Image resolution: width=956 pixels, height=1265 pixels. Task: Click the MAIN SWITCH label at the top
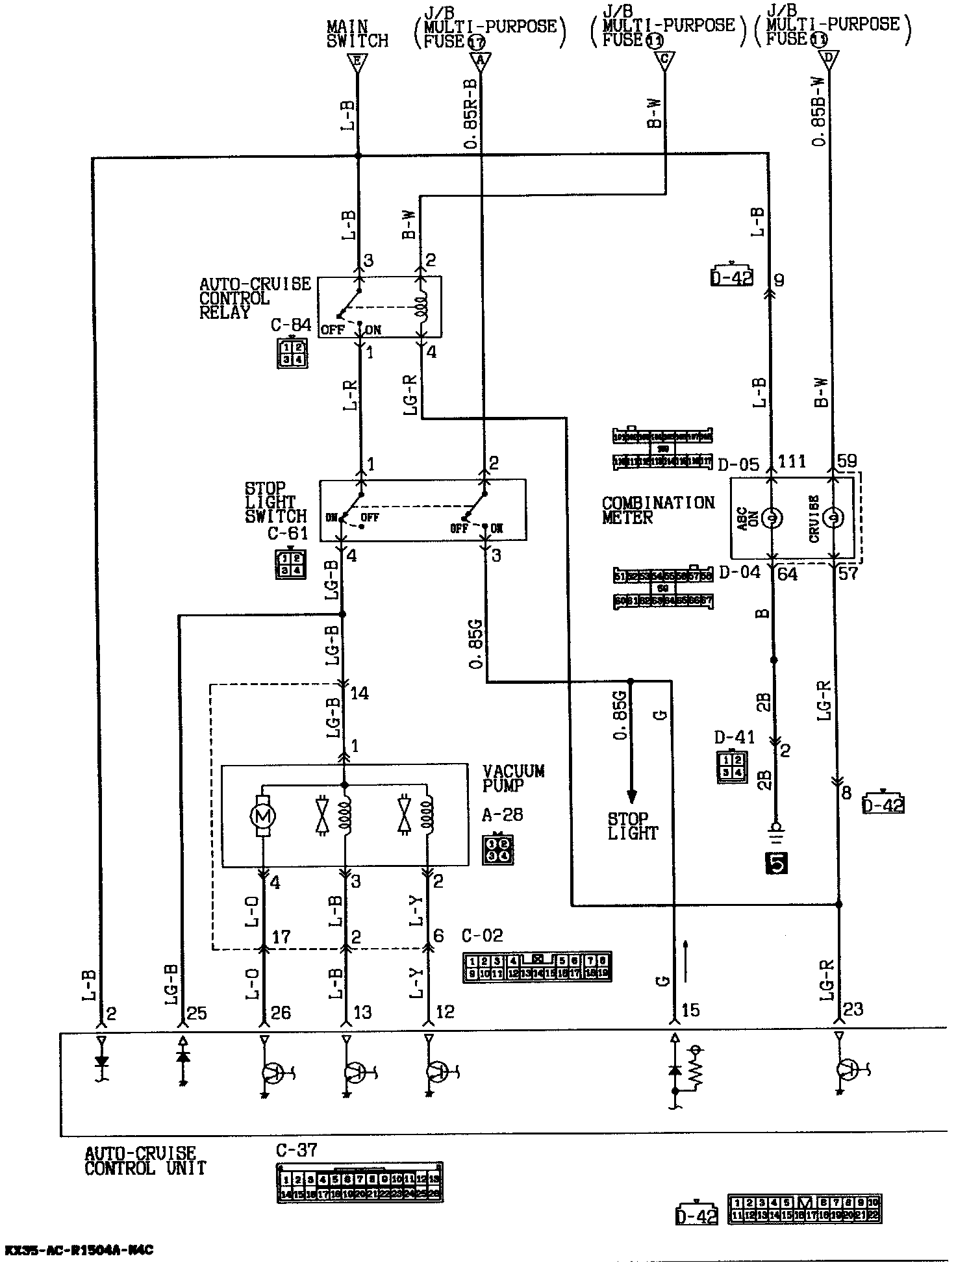click(x=357, y=34)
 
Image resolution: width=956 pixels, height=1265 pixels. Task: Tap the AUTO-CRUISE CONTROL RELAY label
click(x=255, y=298)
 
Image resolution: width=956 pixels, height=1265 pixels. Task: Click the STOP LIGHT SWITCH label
click(x=275, y=503)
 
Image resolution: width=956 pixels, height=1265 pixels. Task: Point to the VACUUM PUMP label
click(x=513, y=778)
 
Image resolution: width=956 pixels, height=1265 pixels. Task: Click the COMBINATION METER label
click(x=657, y=510)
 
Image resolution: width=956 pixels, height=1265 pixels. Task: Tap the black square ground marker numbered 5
click(x=777, y=863)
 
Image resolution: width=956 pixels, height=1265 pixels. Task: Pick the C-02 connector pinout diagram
click(x=536, y=966)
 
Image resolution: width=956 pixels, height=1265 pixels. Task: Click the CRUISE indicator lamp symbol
click(x=832, y=518)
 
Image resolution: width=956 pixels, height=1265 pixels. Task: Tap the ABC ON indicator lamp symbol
click(x=772, y=518)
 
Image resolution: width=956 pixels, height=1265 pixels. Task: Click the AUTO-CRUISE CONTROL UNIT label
click(x=145, y=1161)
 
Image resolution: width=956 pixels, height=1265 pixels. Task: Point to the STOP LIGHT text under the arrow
click(x=633, y=826)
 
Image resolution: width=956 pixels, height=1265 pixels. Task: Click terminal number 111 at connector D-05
click(x=792, y=462)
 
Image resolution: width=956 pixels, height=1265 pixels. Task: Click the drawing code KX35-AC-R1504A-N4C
click(x=79, y=1250)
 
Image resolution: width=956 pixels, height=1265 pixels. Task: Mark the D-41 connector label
click(x=735, y=737)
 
